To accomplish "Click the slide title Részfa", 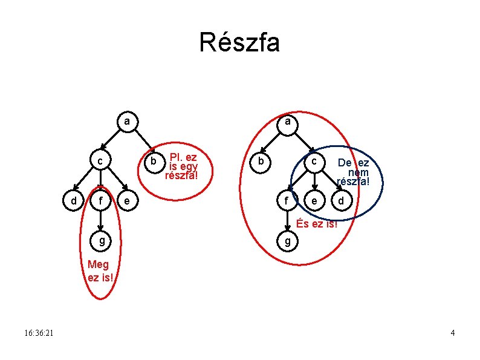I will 239,43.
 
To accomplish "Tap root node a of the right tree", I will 289,122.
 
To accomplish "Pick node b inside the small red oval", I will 154,162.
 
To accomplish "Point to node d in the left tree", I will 73,200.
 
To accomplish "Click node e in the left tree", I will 126,200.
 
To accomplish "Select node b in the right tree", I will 261,162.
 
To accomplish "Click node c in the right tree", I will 314,162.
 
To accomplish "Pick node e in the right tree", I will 314,200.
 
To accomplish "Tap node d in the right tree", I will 342,200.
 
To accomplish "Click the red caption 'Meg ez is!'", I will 98,271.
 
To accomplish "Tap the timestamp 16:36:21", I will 39,333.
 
